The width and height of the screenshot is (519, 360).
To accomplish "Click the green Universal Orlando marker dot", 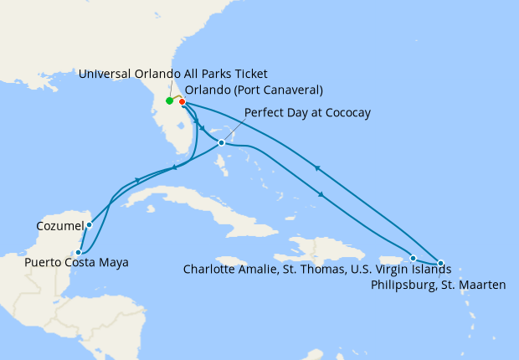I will [169, 101].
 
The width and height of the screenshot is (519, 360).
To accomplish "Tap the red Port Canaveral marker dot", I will [182, 102].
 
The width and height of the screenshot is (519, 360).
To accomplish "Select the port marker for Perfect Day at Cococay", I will [221, 143].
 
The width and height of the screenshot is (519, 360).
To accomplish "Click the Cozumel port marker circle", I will [89, 224].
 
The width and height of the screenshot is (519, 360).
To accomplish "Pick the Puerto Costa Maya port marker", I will [78, 251].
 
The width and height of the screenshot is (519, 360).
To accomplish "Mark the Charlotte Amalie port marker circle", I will [414, 258].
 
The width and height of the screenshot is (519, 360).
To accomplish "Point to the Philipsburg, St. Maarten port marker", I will [441, 264].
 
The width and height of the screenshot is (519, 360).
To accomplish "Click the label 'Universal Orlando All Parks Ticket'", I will [172, 75].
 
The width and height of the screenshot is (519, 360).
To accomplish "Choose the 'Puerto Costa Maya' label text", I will [76, 263].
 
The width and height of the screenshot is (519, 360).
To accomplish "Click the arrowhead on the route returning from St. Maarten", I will [316, 169].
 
